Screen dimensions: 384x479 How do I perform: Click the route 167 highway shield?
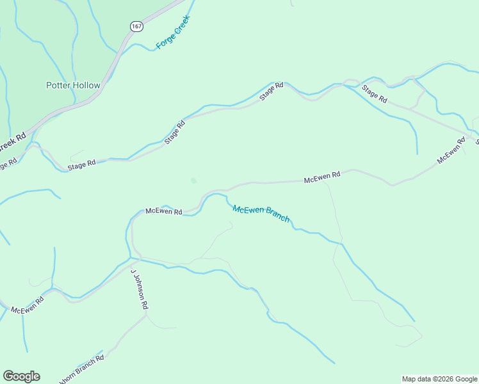(136, 26)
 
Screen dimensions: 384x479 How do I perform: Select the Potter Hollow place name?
(73, 85)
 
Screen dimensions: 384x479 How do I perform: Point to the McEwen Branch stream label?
(261, 214)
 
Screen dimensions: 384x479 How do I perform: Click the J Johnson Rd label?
(140, 289)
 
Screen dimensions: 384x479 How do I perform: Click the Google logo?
(21, 376)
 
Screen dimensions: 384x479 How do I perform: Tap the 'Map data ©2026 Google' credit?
(440, 379)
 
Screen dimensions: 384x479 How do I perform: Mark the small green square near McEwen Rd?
(193, 180)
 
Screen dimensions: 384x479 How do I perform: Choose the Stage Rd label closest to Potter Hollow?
(81, 164)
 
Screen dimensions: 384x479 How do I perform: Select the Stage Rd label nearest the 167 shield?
(271, 92)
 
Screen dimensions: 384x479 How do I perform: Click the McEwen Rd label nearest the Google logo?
(27, 305)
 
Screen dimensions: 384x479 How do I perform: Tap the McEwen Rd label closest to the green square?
(164, 211)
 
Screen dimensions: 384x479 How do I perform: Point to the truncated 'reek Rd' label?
(12, 142)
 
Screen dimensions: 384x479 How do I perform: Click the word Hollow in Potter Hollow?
(86, 85)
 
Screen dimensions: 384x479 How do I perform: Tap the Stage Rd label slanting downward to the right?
(375, 95)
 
